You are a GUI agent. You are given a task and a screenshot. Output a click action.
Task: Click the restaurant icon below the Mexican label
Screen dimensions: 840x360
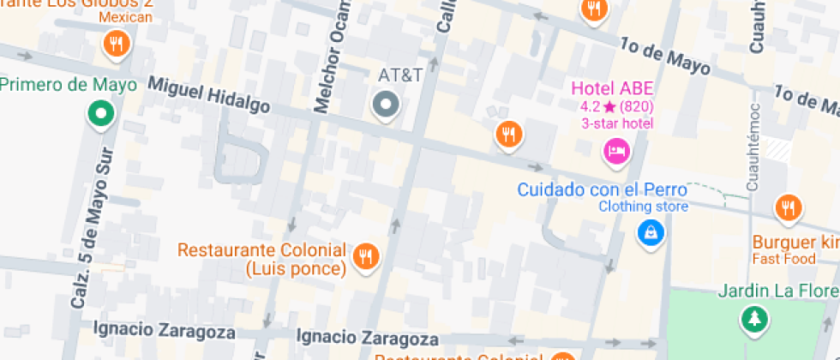pyautogui.click(x=115, y=44)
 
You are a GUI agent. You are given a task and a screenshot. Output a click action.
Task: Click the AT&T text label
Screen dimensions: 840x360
pyautogui.click(x=400, y=75)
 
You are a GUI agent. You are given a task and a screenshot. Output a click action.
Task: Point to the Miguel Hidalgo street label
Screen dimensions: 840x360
pyautogui.click(x=209, y=95)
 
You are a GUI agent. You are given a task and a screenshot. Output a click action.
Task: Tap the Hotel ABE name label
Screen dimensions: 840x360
pyautogui.click(x=613, y=88)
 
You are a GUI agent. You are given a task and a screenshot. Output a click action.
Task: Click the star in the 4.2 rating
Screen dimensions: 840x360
pyautogui.click(x=609, y=107)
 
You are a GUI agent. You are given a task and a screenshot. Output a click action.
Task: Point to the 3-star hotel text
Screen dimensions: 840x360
pyautogui.click(x=616, y=123)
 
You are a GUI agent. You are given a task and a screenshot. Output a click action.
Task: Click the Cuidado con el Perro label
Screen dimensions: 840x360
pyautogui.click(x=614, y=189)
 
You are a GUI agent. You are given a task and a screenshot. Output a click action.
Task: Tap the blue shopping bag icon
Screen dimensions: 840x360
pyautogui.click(x=651, y=231)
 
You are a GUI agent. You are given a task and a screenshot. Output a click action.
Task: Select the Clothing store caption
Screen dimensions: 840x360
pyautogui.click(x=643, y=207)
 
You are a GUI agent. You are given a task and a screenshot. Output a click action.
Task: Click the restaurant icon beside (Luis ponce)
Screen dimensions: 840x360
pyautogui.click(x=366, y=255)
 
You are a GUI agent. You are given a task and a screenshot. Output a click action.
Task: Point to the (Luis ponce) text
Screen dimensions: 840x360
pyautogui.click(x=295, y=269)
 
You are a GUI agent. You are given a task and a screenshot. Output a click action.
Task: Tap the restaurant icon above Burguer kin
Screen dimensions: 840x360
pyautogui.click(x=787, y=207)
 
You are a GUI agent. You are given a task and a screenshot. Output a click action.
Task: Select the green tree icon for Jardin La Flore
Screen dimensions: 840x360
pyautogui.click(x=754, y=320)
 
